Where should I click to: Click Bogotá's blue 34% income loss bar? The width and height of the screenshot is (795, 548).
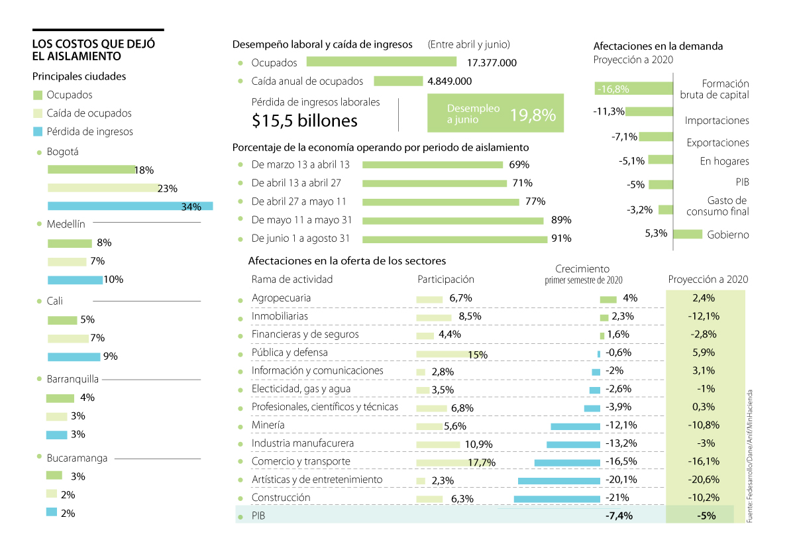coord(130,206)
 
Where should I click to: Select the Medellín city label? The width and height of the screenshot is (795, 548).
coord(66,225)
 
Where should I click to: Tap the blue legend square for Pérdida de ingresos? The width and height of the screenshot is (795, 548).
coord(38,132)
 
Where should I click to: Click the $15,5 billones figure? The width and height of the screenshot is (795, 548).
coord(305,121)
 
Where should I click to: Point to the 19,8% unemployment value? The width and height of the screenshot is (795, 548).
coord(532,115)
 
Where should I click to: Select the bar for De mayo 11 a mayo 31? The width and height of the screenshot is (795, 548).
coord(452,221)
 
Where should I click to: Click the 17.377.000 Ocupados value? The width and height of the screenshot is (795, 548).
coord(492,62)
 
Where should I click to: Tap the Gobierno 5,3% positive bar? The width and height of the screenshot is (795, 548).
coord(688,234)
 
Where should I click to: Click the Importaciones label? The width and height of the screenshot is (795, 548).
coord(717,121)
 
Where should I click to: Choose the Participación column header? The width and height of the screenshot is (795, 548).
coord(446,280)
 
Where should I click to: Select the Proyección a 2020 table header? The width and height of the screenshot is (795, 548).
coord(708,280)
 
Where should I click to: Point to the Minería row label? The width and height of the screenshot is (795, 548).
coord(268,425)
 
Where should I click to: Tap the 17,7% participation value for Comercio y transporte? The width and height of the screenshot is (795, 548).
coord(481,463)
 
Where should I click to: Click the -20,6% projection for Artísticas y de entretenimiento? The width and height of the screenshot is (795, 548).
coord(703,480)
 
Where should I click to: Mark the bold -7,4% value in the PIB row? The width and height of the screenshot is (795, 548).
coord(619,516)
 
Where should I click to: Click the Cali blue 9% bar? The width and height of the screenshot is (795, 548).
coord(74,356)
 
